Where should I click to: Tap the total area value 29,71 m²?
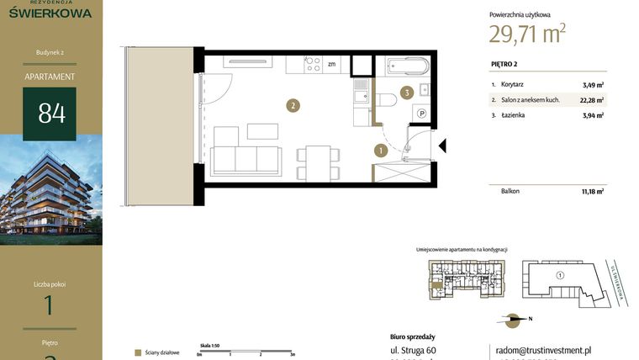pyautogui.click(x=527, y=33)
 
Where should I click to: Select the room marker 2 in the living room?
pyautogui.click(x=292, y=106)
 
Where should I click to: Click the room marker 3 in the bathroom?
pyautogui.click(x=406, y=93)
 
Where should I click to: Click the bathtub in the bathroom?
pyautogui.click(x=407, y=66)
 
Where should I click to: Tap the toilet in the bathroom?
pyautogui.click(x=386, y=100)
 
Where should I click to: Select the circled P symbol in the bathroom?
pyautogui.click(x=422, y=114)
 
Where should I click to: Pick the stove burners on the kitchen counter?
pyautogui.click(x=312, y=64)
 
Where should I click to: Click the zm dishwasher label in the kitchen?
pyautogui.click(x=332, y=64)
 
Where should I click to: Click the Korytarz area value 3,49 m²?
pyautogui.click(x=593, y=85)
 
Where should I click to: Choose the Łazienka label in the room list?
pyautogui.click(x=514, y=115)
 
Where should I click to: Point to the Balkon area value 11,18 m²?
pyautogui.click(x=592, y=192)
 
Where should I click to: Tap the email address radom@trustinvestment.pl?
pyautogui.click(x=541, y=350)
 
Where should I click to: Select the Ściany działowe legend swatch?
pyautogui.click(x=137, y=353)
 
